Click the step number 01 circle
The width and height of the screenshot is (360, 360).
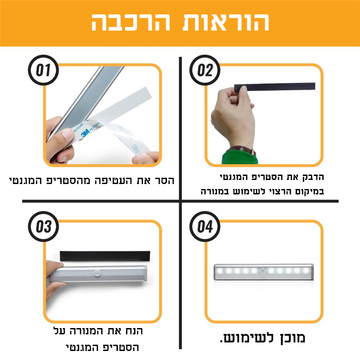pos(44,70)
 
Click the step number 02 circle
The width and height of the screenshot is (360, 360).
pos(205,70)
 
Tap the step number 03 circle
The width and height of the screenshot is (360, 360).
pos(44,226)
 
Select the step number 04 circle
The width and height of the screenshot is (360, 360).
pos(205,226)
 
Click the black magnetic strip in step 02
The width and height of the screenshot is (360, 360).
pos(279,86)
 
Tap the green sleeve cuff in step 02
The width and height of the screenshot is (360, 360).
pos(238,157)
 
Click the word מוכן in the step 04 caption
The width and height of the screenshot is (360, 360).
pos(294,338)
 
